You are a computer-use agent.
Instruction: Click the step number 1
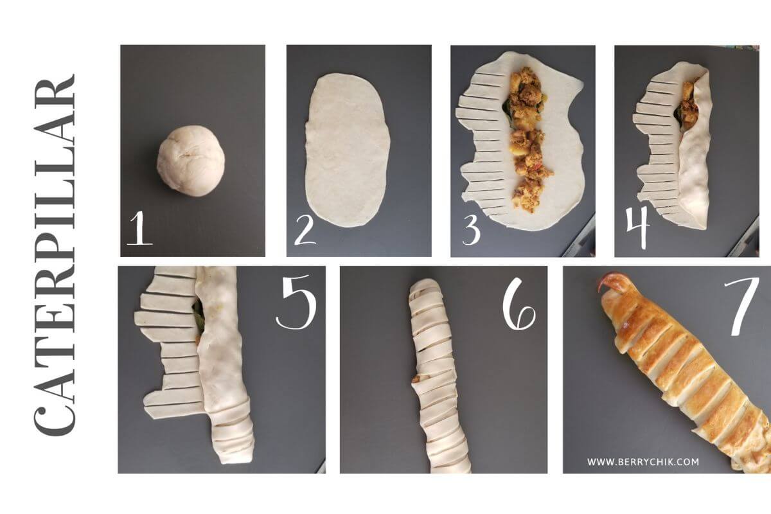click(140, 228)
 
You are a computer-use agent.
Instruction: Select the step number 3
click(471, 228)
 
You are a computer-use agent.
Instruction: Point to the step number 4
click(638, 226)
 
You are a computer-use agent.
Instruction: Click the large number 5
click(296, 301)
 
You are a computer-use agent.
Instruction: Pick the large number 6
click(519, 304)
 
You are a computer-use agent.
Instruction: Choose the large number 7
click(741, 306)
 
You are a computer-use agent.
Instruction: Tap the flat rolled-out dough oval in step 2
click(348, 150)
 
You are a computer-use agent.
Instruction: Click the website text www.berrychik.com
click(643, 462)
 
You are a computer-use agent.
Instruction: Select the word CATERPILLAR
click(55, 255)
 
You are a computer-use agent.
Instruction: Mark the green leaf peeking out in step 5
click(199, 314)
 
